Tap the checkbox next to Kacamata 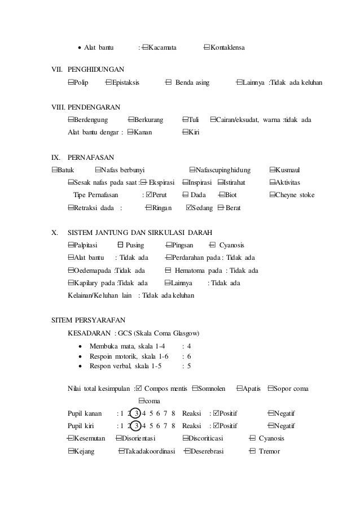pos(146,46)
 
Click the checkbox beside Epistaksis pos(108,83)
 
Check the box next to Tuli pos(186,120)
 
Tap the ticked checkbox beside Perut pos(149,195)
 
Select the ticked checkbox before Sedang pos(189,208)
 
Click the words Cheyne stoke pos(295,195)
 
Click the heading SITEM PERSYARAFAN pos(89,319)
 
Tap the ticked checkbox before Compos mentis pos(139,389)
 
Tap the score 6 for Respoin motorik pos(188,356)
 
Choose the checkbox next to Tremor pos(252,451)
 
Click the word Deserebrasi pos(207,451)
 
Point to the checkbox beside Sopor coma pos(271,389)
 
